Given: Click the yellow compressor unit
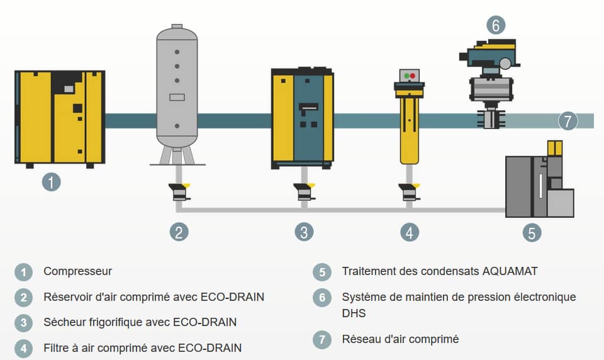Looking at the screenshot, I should (60, 116).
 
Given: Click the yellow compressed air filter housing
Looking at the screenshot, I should (410, 126).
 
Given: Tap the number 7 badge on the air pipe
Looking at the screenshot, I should (568, 121).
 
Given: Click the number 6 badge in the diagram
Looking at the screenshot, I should (496, 26).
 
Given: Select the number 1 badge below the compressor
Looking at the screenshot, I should (51, 183).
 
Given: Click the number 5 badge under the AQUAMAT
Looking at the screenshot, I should (532, 233).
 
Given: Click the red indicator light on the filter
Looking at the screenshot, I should (413, 76).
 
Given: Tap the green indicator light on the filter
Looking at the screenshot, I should (406, 76).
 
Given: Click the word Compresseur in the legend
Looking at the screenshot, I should (77, 271).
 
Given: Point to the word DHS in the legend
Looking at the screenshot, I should (354, 313).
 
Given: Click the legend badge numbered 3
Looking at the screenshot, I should (23, 323).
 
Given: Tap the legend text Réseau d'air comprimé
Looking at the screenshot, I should (400, 339).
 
